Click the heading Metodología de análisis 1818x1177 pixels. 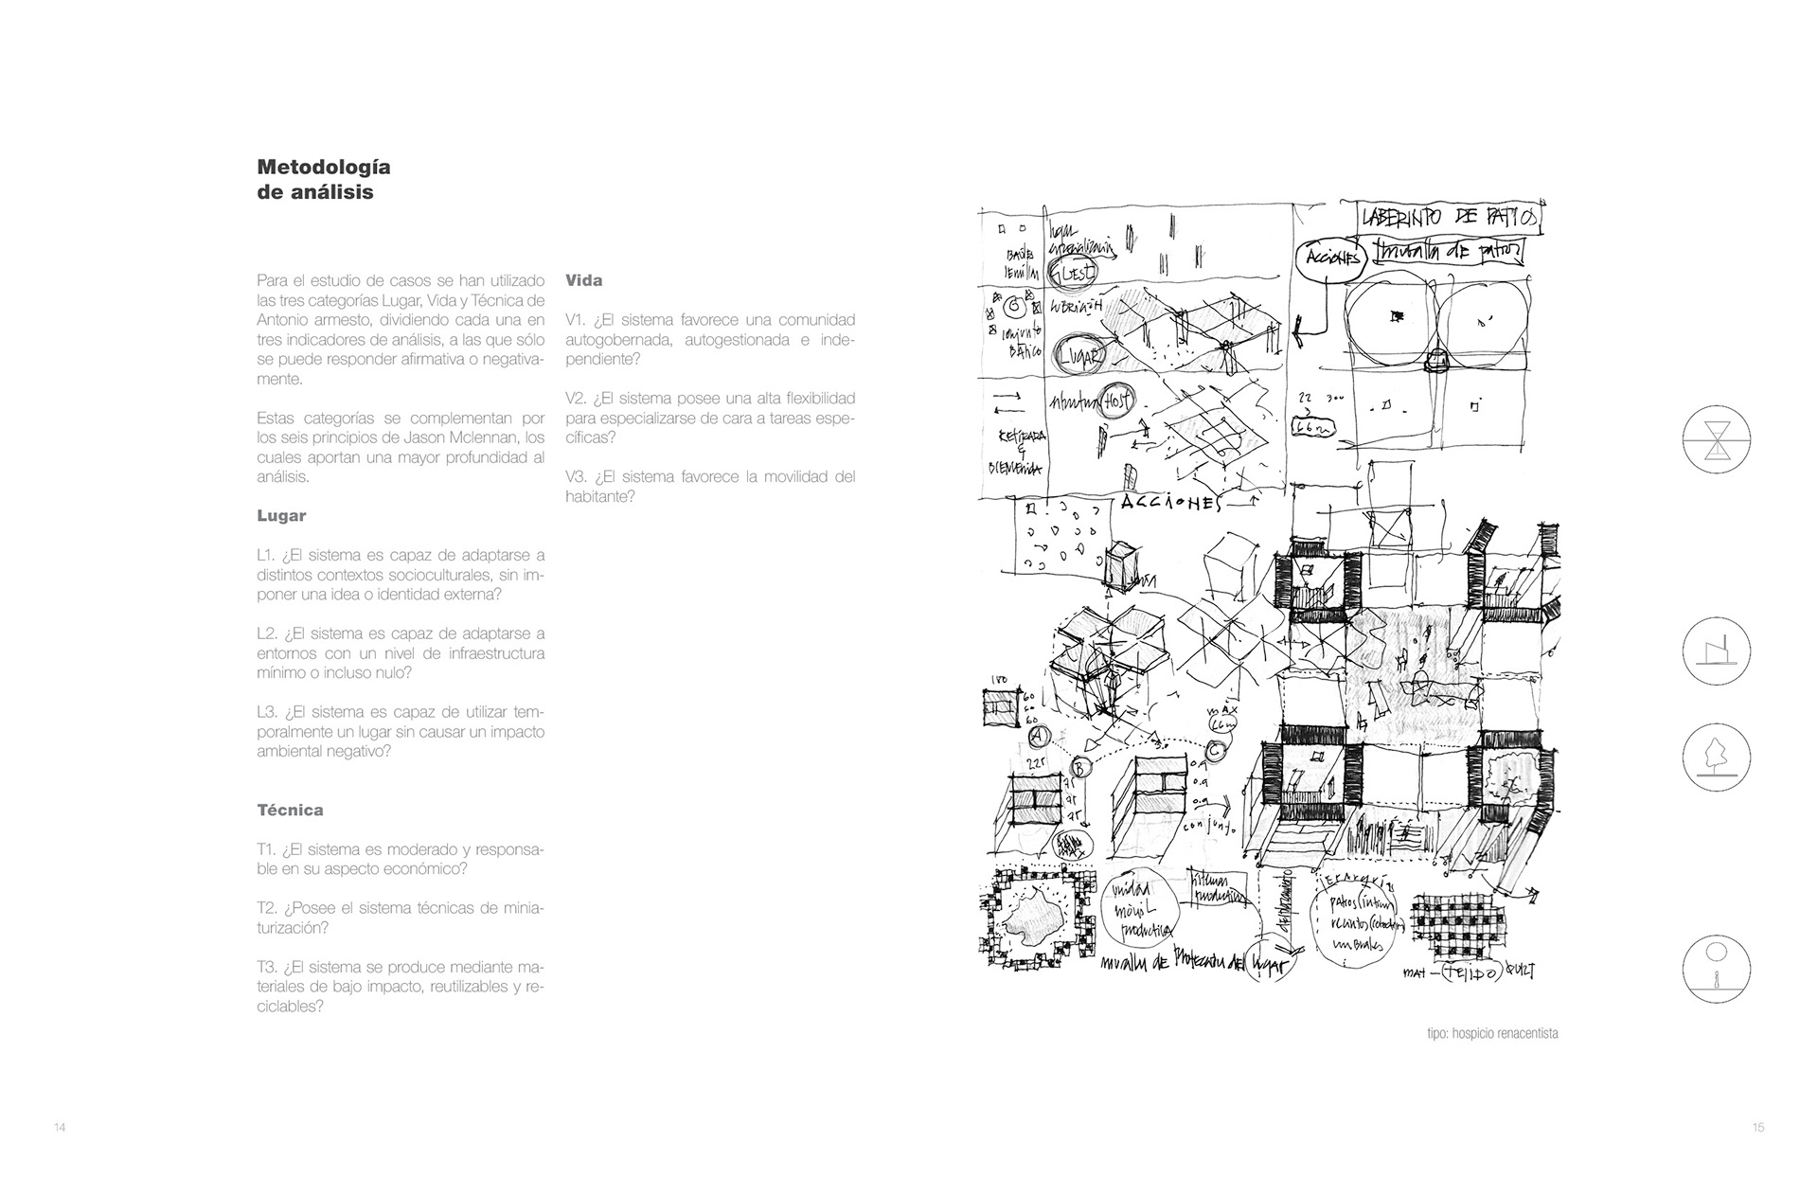coord(323,180)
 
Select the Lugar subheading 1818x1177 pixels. coord(281,516)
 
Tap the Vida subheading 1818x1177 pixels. coord(583,280)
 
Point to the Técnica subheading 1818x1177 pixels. coord(290,811)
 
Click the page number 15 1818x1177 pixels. coord(1757,1128)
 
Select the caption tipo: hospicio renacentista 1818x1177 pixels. coord(1491,1033)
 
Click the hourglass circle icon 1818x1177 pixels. coord(1716,442)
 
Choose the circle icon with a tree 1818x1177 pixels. coord(1716,758)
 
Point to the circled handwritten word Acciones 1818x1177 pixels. coord(1331,258)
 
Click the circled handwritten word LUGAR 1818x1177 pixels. coord(1079,356)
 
